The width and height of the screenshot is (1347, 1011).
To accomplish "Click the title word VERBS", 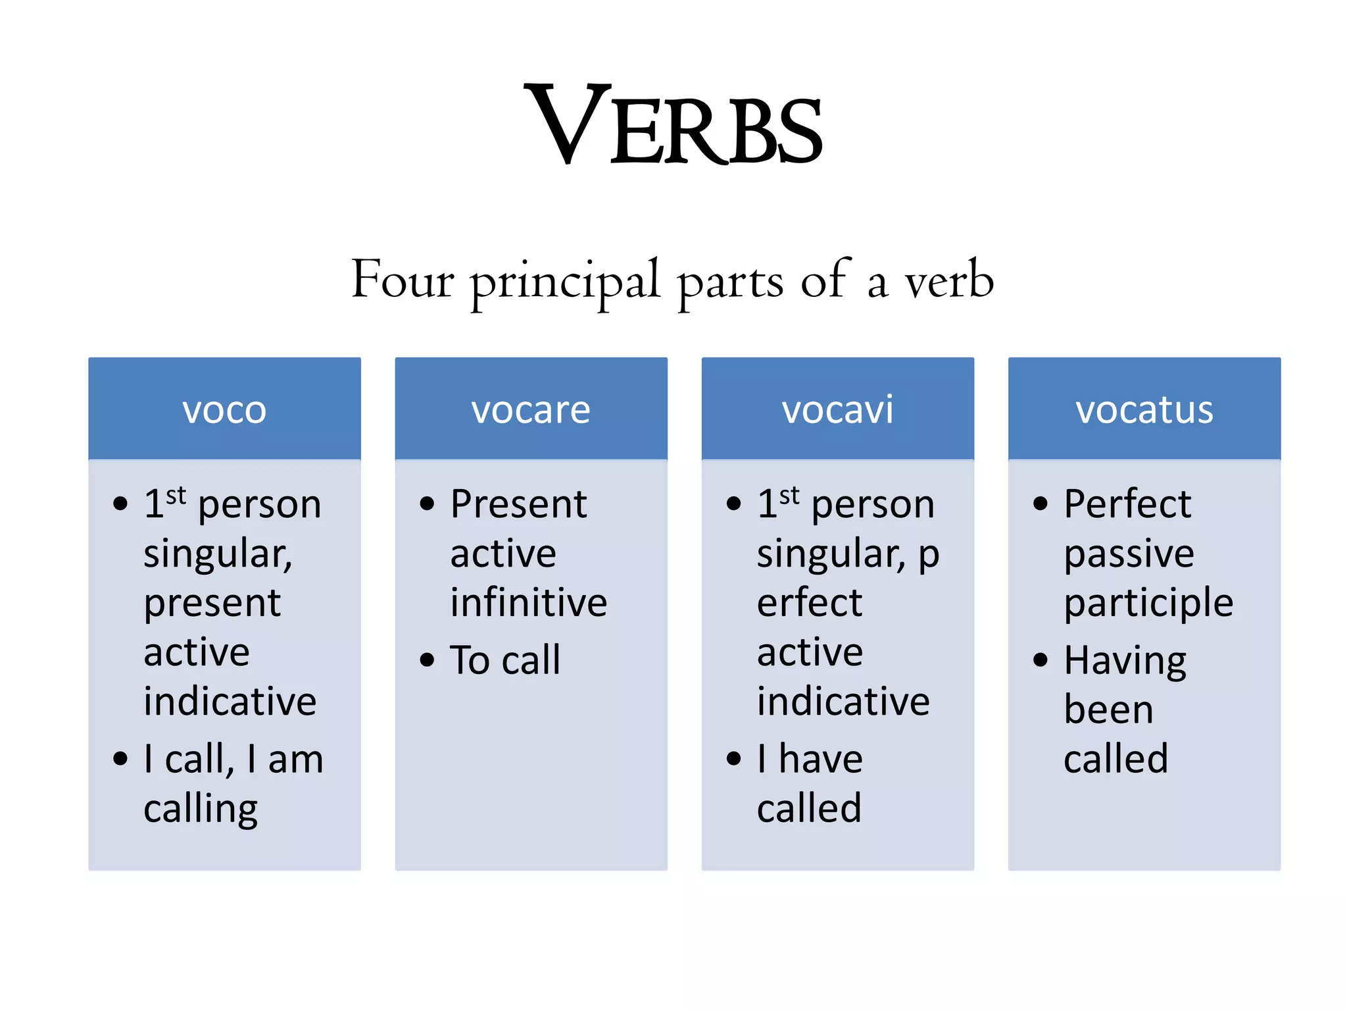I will tap(673, 125).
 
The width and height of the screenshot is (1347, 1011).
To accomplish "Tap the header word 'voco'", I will tap(224, 409).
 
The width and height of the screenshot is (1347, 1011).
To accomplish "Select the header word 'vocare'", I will tap(531, 409).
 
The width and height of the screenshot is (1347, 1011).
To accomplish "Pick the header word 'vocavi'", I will tap(837, 409).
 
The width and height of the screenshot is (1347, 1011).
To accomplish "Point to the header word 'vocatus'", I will tap(1144, 409).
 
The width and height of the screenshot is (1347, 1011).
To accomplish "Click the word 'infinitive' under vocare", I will tap(528, 602).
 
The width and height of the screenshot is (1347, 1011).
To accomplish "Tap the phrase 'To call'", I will tap(505, 660).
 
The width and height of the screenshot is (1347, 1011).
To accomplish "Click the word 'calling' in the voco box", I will tap(201, 809).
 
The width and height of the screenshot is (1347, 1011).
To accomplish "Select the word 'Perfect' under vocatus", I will tap(1127, 504).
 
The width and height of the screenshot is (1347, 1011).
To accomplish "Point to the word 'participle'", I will tap(1148, 604).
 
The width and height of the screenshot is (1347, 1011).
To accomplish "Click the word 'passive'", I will tap(1129, 554).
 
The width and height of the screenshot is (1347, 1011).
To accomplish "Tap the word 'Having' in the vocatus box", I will tap(1125, 661).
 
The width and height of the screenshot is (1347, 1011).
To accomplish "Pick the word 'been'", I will tap(1108, 710).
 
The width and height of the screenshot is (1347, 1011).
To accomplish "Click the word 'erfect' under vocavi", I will tap(809, 602).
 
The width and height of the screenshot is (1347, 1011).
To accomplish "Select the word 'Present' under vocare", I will tap(518, 504).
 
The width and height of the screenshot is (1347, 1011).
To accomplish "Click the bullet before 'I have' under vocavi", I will tap(733, 758).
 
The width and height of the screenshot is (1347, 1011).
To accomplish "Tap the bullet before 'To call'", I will tap(427, 660).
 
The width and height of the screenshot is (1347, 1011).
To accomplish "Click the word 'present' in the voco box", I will tap(212, 604).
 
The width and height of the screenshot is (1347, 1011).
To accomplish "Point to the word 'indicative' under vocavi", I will tap(843, 701).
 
